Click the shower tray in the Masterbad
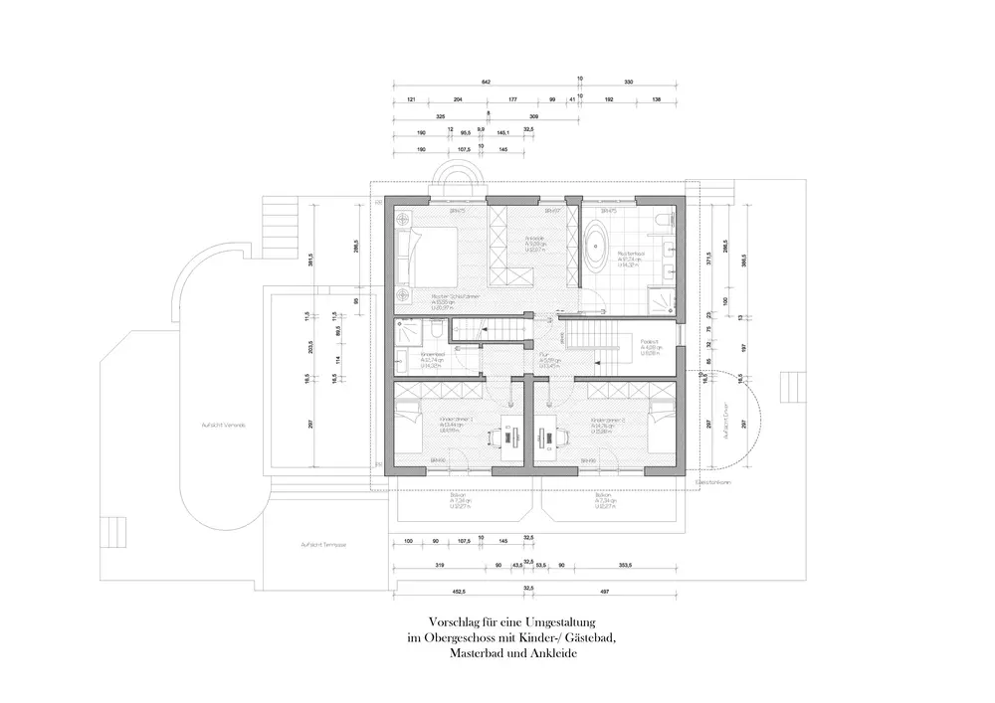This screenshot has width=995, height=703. coord(661,298)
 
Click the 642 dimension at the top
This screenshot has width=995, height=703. coord(487,82)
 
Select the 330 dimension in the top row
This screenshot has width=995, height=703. coord(629,82)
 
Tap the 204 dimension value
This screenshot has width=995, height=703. coord(458,100)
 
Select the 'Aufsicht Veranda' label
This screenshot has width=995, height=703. coord(223,425)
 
